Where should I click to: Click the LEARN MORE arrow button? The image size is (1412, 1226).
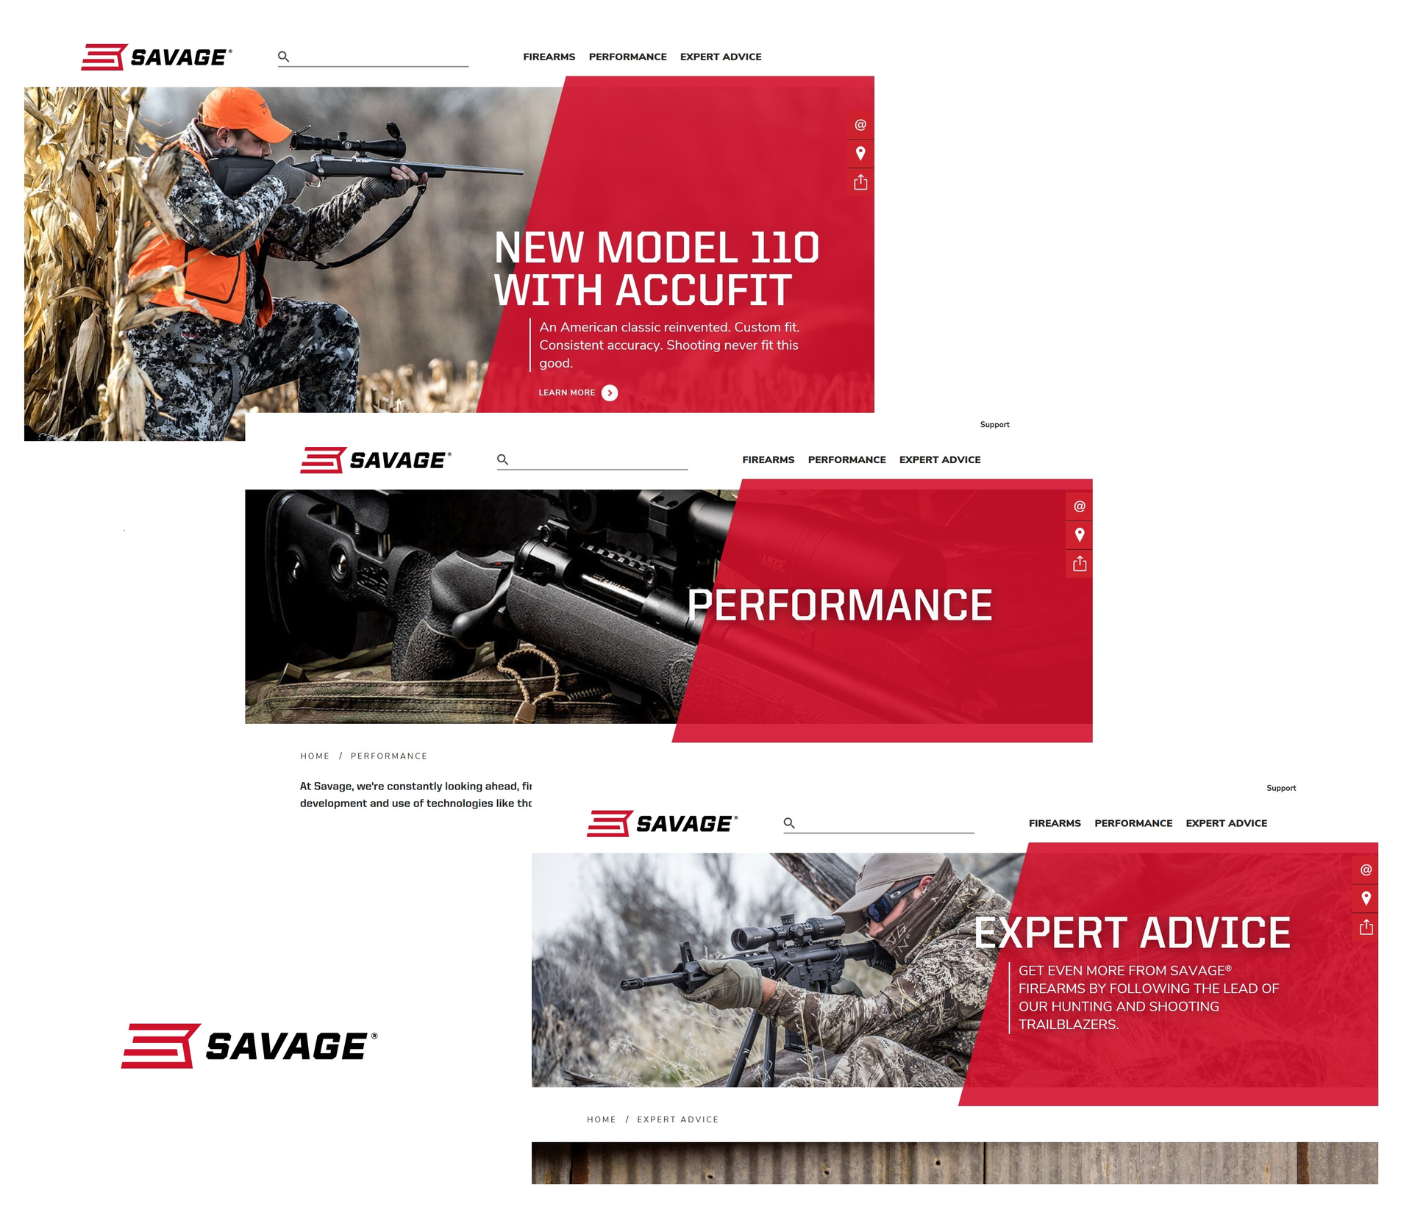pos(610,393)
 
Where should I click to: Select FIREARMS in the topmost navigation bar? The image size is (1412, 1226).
pos(549,57)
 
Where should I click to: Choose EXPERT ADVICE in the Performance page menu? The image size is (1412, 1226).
pos(940,459)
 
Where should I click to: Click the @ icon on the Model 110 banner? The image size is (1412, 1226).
pos(860,125)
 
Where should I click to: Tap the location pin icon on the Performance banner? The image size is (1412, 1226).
pos(1080,535)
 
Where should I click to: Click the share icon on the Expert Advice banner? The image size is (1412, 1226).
pos(1366,927)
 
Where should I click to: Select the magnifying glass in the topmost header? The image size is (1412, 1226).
pos(283,57)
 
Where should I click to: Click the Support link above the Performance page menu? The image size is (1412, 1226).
pos(995,425)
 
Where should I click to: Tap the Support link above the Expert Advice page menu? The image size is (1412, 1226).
pos(1281,788)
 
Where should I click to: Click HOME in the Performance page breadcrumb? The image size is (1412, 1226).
pos(315,756)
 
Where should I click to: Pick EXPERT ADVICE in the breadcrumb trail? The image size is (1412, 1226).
pos(678,1119)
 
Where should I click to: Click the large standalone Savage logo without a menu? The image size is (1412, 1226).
pos(249,1045)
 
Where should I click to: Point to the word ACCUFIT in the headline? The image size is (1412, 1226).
pos(704,290)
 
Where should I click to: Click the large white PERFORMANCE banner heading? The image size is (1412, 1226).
pos(840,605)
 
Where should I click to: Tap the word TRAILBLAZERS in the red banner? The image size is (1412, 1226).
pos(1069,1025)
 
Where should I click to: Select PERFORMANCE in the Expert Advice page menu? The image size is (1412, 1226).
pos(1133,823)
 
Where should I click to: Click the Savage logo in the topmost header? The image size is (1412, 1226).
pos(157,57)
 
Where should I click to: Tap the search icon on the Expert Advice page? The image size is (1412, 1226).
pos(789,823)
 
